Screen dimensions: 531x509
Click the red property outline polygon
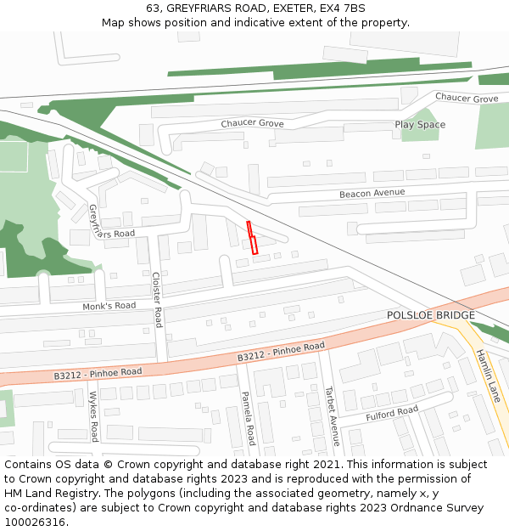coord(252,238)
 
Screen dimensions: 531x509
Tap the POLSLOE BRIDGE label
coord(431,315)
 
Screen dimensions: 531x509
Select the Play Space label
coord(420,125)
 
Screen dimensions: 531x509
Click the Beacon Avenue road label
coord(372,194)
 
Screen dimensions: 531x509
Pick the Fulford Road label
coord(392,415)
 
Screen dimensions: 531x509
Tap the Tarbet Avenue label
coord(332,415)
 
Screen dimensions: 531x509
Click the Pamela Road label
coord(248,418)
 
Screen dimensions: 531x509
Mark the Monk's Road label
coord(109,306)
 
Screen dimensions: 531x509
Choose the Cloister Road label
coord(157,299)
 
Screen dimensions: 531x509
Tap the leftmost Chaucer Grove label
coord(252,124)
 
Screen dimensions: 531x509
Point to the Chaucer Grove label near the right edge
coord(467,99)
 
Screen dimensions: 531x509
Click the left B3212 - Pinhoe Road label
coord(98,373)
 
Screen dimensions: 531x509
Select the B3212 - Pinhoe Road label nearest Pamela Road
coord(281,352)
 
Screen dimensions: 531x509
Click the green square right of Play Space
coord(492,127)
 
